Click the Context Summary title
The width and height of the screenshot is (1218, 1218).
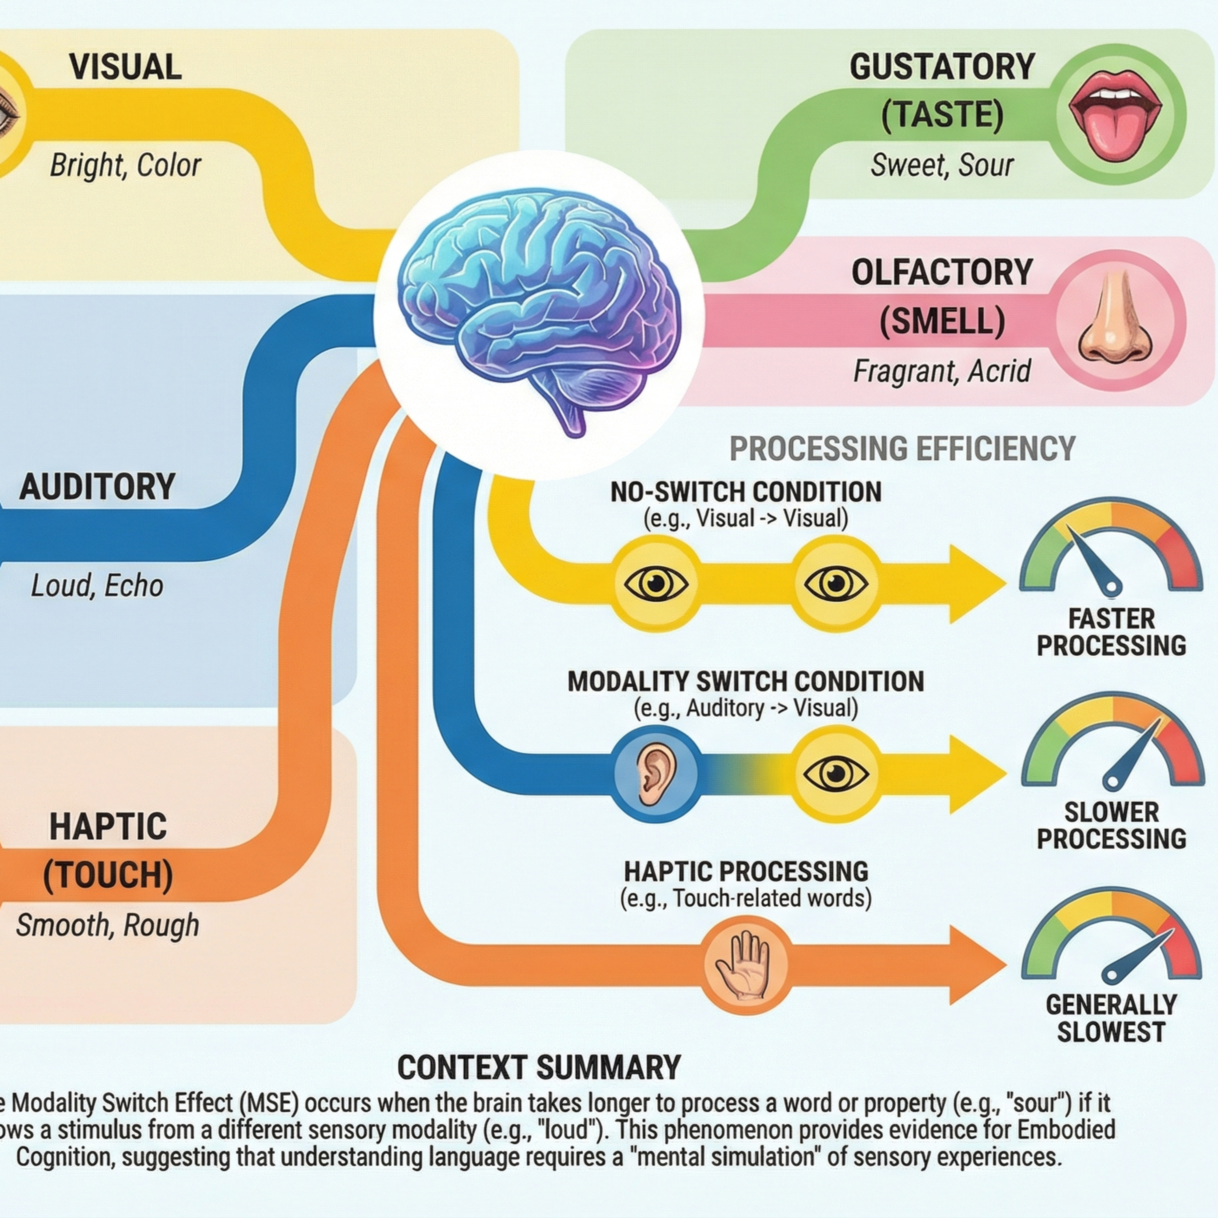539,1068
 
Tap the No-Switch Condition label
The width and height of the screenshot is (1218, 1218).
746,492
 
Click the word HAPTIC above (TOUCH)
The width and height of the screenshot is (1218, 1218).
108,827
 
